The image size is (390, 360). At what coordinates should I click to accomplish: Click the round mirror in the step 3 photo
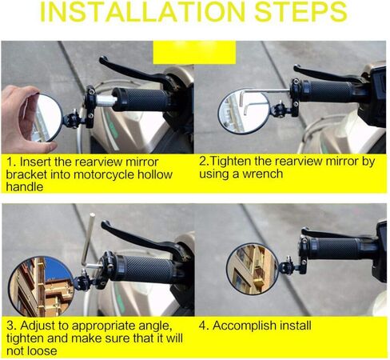(40, 284)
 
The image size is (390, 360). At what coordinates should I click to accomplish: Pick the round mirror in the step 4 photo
(253, 267)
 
